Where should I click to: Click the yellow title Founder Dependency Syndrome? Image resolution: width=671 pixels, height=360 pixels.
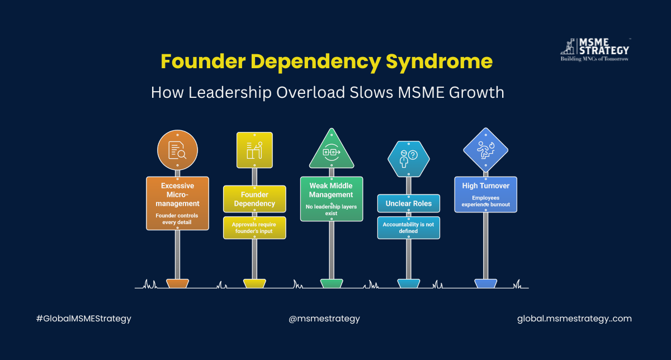point(327,61)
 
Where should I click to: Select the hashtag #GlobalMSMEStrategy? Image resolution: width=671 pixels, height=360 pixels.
point(83,319)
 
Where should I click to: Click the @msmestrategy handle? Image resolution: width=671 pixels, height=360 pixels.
point(324,319)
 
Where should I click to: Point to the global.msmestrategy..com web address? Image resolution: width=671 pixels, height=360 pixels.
point(574,319)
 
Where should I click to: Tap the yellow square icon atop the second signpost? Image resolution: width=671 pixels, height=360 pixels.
point(254,150)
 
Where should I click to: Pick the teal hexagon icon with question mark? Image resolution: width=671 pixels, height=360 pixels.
point(409,158)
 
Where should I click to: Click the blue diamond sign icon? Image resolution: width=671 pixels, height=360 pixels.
point(485,150)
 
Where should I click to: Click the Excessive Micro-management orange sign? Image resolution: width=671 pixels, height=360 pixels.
point(177,203)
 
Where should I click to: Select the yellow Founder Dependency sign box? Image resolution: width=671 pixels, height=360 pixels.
point(254,199)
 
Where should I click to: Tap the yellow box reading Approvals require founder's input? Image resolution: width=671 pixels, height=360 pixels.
point(254,228)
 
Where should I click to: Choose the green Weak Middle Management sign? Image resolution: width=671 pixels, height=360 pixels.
point(332,199)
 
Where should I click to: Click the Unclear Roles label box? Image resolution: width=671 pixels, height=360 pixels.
point(409,203)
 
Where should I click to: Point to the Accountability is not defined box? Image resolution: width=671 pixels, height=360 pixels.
point(409,228)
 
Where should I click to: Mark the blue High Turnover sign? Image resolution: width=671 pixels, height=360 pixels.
point(485,195)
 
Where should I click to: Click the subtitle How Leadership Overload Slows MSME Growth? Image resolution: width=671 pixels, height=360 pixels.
point(327,92)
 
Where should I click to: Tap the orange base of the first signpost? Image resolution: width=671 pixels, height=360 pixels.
point(177,283)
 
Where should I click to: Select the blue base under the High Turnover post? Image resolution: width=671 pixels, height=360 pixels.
point(485,283)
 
